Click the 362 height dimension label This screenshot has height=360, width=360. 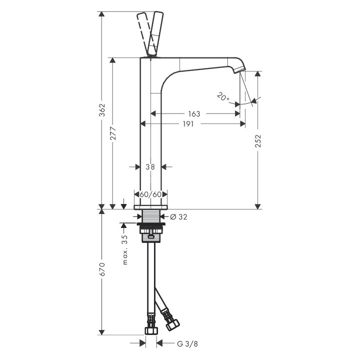[101, 108]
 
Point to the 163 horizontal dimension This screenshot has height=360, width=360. [194, 114]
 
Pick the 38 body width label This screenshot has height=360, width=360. [150, 167]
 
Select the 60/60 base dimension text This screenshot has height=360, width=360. [150, 194]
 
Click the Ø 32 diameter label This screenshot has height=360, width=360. [178, 216]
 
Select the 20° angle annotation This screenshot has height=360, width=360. [223, 96]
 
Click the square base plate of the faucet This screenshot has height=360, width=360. [150, 206]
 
